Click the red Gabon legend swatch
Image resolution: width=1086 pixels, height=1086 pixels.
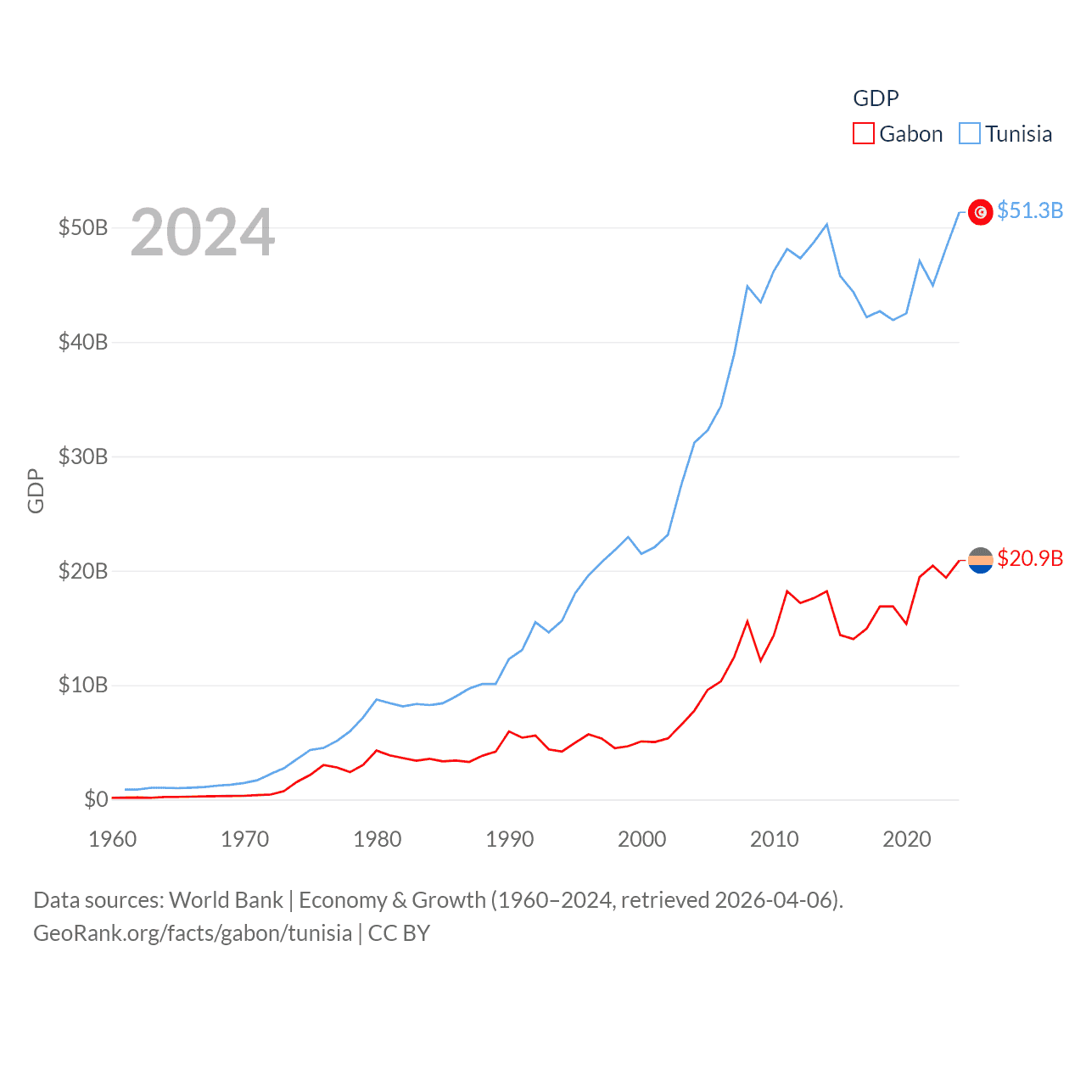(864, 134)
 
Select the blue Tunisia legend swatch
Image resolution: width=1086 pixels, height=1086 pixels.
(970, 134)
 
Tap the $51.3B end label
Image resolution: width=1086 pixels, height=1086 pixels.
(1030, 210)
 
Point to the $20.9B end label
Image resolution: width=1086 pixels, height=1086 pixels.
(1030, 558)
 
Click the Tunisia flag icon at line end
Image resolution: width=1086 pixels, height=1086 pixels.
(981, 212)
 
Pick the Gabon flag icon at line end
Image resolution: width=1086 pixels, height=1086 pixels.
(981, 560)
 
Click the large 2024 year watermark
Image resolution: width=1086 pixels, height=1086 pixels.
(203, 232)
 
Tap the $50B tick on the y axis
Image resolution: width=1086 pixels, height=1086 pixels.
(83, 227)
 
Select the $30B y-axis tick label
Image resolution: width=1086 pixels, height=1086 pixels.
(83, 456)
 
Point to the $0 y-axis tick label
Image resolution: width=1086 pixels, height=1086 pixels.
(96, 799)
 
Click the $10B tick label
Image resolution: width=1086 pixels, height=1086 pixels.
(83, 685)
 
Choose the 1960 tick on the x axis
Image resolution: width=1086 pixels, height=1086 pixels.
(113, 839)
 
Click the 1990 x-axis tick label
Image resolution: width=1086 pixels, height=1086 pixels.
(510, 839)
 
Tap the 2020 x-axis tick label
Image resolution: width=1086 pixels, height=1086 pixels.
(907, 839)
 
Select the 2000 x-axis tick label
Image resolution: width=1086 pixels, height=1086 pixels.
(642, 839)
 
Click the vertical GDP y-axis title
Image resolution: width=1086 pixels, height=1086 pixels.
(36, 490)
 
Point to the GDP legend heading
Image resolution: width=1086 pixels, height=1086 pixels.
(876, 98)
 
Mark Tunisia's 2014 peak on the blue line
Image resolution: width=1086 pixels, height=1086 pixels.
(827, 225)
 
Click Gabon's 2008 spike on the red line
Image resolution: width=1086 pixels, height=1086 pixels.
(747, 622)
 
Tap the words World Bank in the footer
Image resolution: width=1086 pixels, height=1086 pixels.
(227, 900)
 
